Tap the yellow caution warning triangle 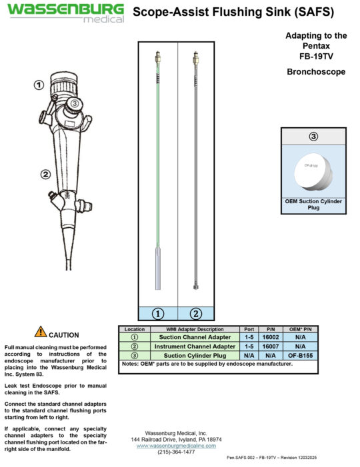click(x=41, y=331)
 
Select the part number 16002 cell click(x=270, y=337)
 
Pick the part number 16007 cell click(x=270, y=346)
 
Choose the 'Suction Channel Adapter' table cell click(x=195, y=337)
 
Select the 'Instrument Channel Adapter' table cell click(x=195, y=346)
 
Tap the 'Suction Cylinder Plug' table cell click(x=195, y=356)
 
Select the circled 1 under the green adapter click(x=158, y=312)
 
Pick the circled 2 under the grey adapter click(x=196, y=312)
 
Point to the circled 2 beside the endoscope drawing click(x=45, y=175)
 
